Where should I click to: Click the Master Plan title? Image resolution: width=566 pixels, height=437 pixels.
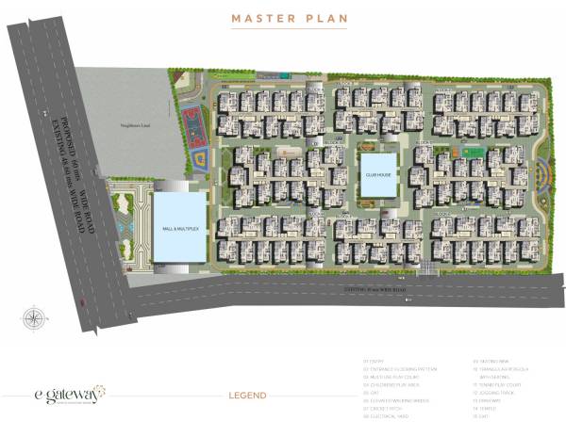pyautogui.click(x=282, y=19)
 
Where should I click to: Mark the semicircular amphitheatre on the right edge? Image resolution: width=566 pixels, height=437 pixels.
pyautogui.click(x=541, y=175)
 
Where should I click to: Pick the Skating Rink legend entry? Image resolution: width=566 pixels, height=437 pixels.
pyautogui.click(x=496, y=360)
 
